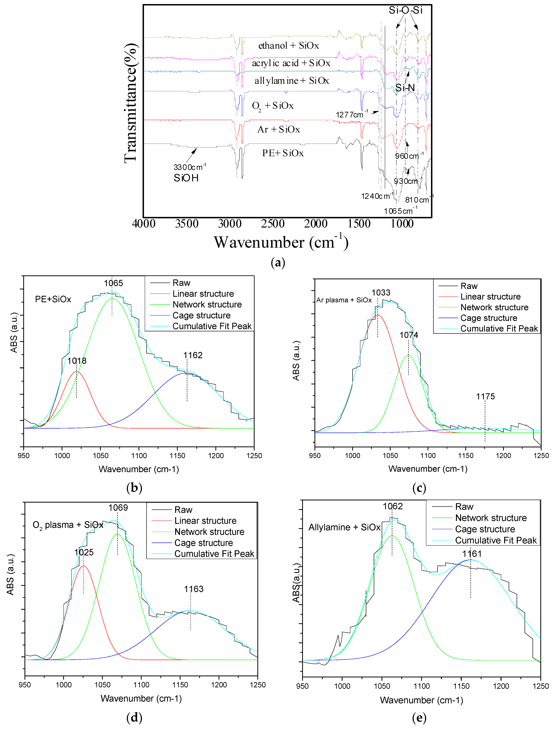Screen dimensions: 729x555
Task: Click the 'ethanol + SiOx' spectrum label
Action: click(x=288, y=46)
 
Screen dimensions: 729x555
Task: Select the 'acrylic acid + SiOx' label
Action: click(x=291, y=63)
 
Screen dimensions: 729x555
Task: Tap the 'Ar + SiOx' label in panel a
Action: click(x=278, y=129)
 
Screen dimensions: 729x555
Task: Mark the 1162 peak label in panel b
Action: click(x=193, y=355)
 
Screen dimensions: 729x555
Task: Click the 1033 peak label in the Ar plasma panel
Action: click(x=381, y=293)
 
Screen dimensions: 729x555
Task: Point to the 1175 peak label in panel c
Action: click(x=485, y=397)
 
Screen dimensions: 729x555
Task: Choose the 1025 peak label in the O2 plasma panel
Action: click(x=84, y=552)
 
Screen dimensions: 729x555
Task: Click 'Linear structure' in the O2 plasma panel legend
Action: click(x=205, y=521)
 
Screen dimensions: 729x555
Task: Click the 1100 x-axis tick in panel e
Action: click(x=421, y=686)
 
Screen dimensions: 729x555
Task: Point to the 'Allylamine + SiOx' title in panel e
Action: click(x=344, y=527)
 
